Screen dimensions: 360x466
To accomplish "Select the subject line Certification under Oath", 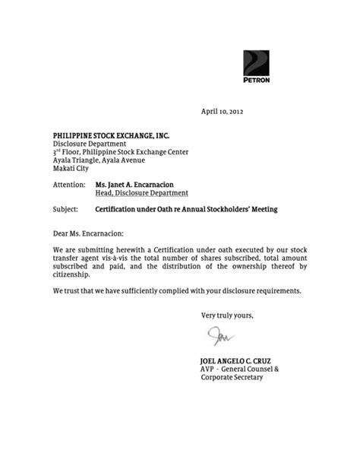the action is [187, 208].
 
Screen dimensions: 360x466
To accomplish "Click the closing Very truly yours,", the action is [227, 316].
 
